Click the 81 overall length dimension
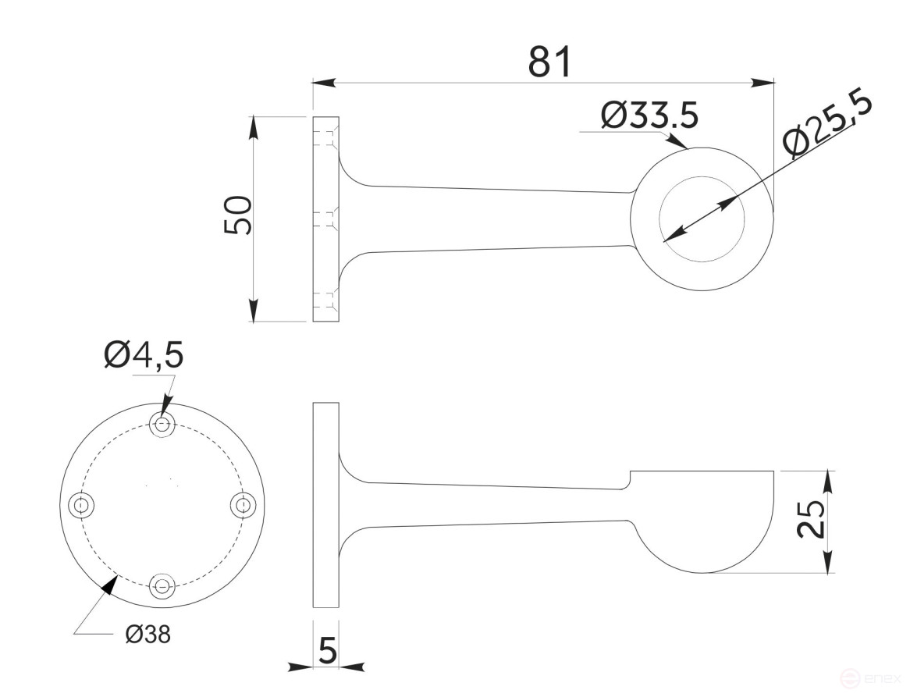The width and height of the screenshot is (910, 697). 549,62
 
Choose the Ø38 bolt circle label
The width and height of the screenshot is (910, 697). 148,634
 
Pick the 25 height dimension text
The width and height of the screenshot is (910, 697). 811,519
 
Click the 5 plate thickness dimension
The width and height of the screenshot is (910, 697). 328,649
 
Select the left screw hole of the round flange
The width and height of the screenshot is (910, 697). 81,506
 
